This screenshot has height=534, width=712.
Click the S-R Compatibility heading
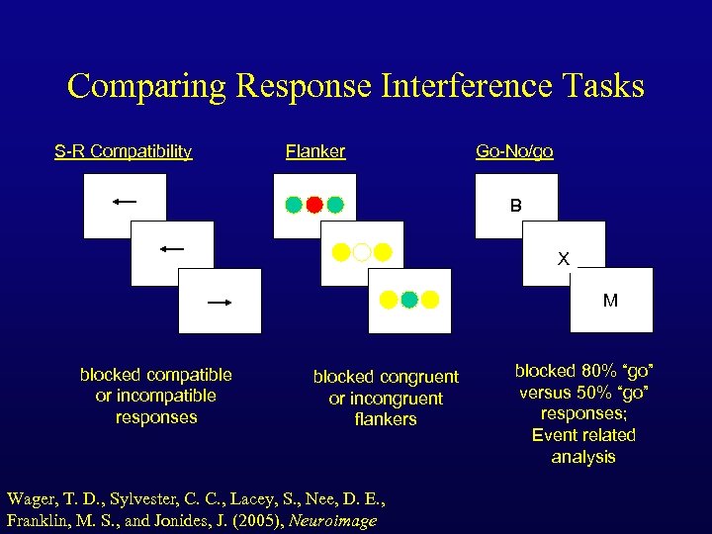point(123,151)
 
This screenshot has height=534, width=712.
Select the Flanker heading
point(315,151)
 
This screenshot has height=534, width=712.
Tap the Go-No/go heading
point(514,151)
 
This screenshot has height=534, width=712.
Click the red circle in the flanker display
point(314,206)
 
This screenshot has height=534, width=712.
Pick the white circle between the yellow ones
point(362,252)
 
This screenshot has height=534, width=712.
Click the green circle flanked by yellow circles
point(409,299)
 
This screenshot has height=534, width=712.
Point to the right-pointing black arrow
point(220,302)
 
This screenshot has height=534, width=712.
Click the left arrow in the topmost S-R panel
point(125,202)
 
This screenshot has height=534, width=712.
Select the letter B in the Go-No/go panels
point(516,207)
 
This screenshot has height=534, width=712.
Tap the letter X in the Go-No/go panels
point(564,259)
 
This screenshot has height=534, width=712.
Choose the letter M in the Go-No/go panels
point(610,301)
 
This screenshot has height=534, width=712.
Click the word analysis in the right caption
point(583,457)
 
